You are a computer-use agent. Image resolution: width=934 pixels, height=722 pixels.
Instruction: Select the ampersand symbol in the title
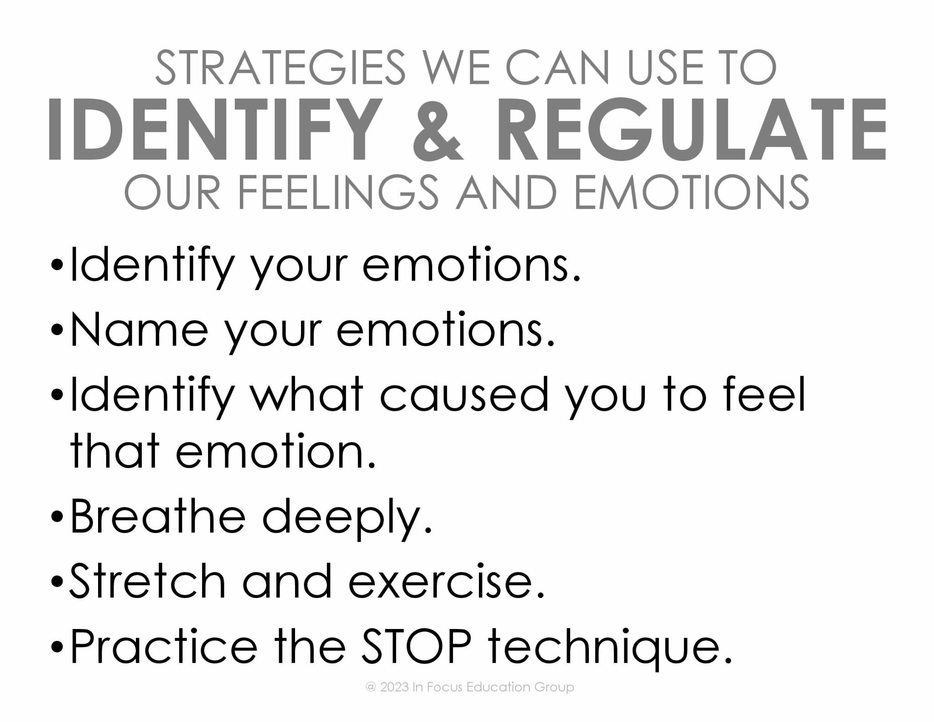pos(436,130)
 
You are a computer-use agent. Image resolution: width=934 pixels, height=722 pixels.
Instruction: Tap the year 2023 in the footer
pos(394,687)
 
